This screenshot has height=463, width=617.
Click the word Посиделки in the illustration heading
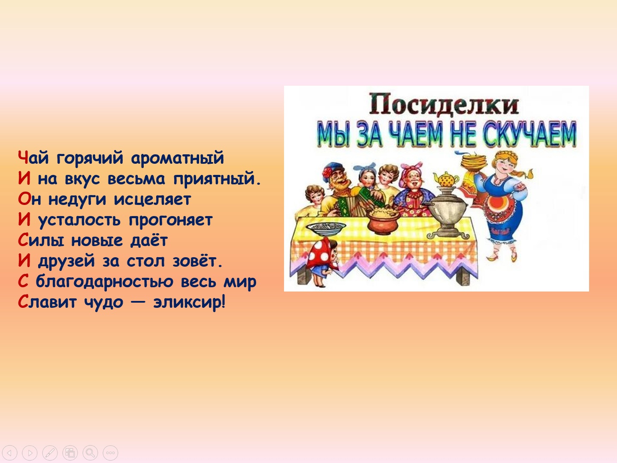pos(444,104)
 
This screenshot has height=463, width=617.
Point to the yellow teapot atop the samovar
pos(446,179)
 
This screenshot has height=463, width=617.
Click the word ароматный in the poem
pos(177,158)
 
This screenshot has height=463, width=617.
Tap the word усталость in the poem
pos(79,220)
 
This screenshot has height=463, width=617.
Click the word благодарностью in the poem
pos(104,282)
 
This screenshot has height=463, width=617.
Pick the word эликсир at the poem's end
pos(189,302)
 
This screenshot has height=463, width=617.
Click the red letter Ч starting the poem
pos(23,157)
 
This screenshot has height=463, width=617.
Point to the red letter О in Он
pos(24,199)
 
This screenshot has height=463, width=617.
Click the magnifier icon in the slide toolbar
pos(90,453)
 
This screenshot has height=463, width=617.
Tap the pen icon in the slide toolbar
pos(50,453)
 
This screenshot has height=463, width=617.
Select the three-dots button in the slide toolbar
pos(110,453)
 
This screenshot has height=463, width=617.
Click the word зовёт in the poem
pos(197,261)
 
